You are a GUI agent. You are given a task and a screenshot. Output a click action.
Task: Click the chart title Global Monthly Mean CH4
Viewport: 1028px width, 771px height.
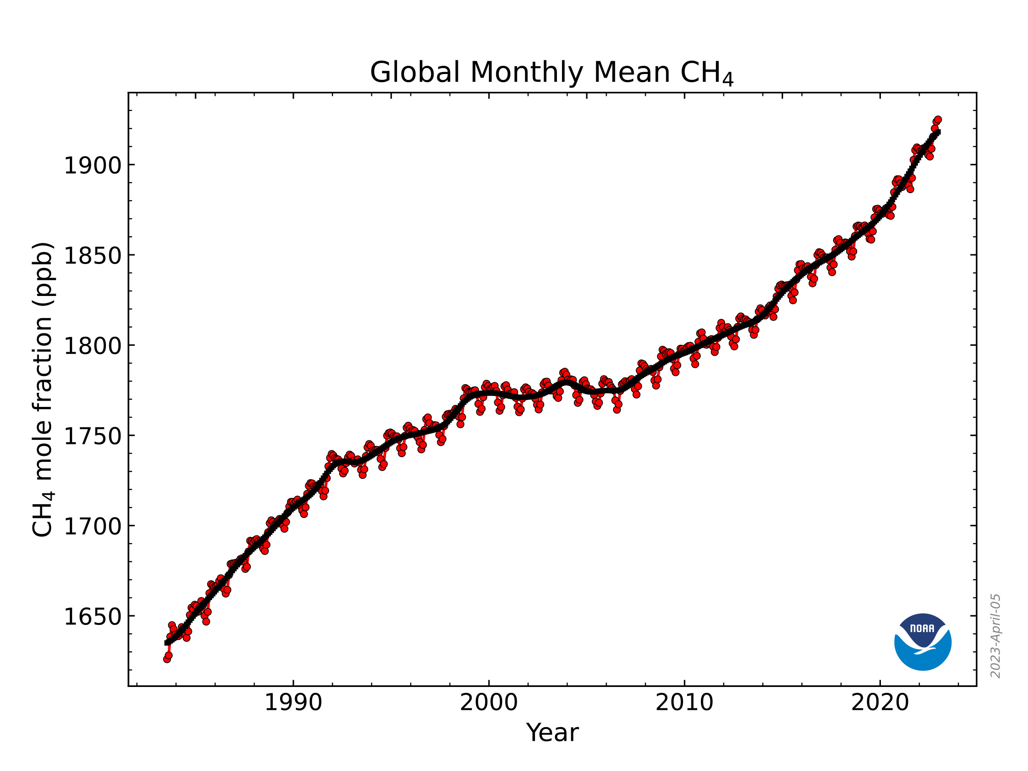pyautogui.click(x=551, y=73)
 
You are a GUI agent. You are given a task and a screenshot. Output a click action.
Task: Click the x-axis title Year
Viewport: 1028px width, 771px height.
pyautogui.click(x=552, y=733)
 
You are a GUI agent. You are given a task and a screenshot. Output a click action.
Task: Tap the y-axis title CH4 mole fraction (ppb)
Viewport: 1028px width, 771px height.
pyautogui.click(x=43, y=390)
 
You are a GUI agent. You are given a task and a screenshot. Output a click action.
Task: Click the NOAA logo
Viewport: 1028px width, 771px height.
pyautogui.click(x=922, y=642)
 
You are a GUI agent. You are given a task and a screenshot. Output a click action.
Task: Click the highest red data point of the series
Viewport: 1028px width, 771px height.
pyautogui.click(x=938, y=120)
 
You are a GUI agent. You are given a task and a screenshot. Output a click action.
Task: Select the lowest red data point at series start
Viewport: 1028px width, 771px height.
pyautogui.click(x=167, y=659)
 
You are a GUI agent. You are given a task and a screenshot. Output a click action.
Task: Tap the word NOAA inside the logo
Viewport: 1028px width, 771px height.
pyautogui.click(x=922, y=628)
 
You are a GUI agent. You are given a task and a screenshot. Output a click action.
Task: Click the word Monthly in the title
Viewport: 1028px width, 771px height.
pyautogui.click(x=526, y=73)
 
